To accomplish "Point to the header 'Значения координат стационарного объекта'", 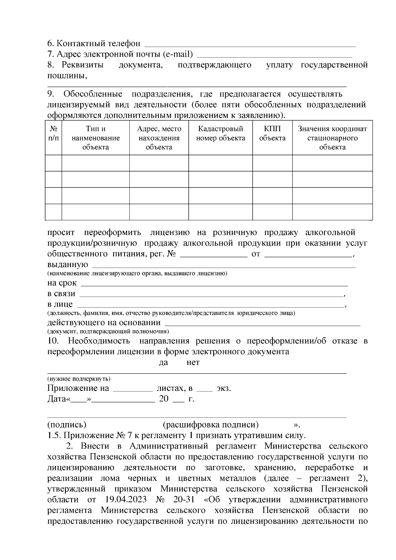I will pos(332,138).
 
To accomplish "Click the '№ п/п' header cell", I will pos(53,133).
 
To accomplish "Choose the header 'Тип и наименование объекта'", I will pos(96,138).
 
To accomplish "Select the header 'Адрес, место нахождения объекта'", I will pos(159,138).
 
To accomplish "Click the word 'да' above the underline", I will pos(163,362).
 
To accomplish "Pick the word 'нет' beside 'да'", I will pos(193,362).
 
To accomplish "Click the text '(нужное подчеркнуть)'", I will pos(79,379).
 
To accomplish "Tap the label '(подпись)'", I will pos(67,424).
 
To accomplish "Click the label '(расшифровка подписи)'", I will pos(211,424).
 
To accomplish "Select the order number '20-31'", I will pos(185,499).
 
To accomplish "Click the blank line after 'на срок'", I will pos(214,284).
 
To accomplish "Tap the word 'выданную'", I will pos(68,264).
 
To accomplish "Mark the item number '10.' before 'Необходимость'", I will pos(53,341).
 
